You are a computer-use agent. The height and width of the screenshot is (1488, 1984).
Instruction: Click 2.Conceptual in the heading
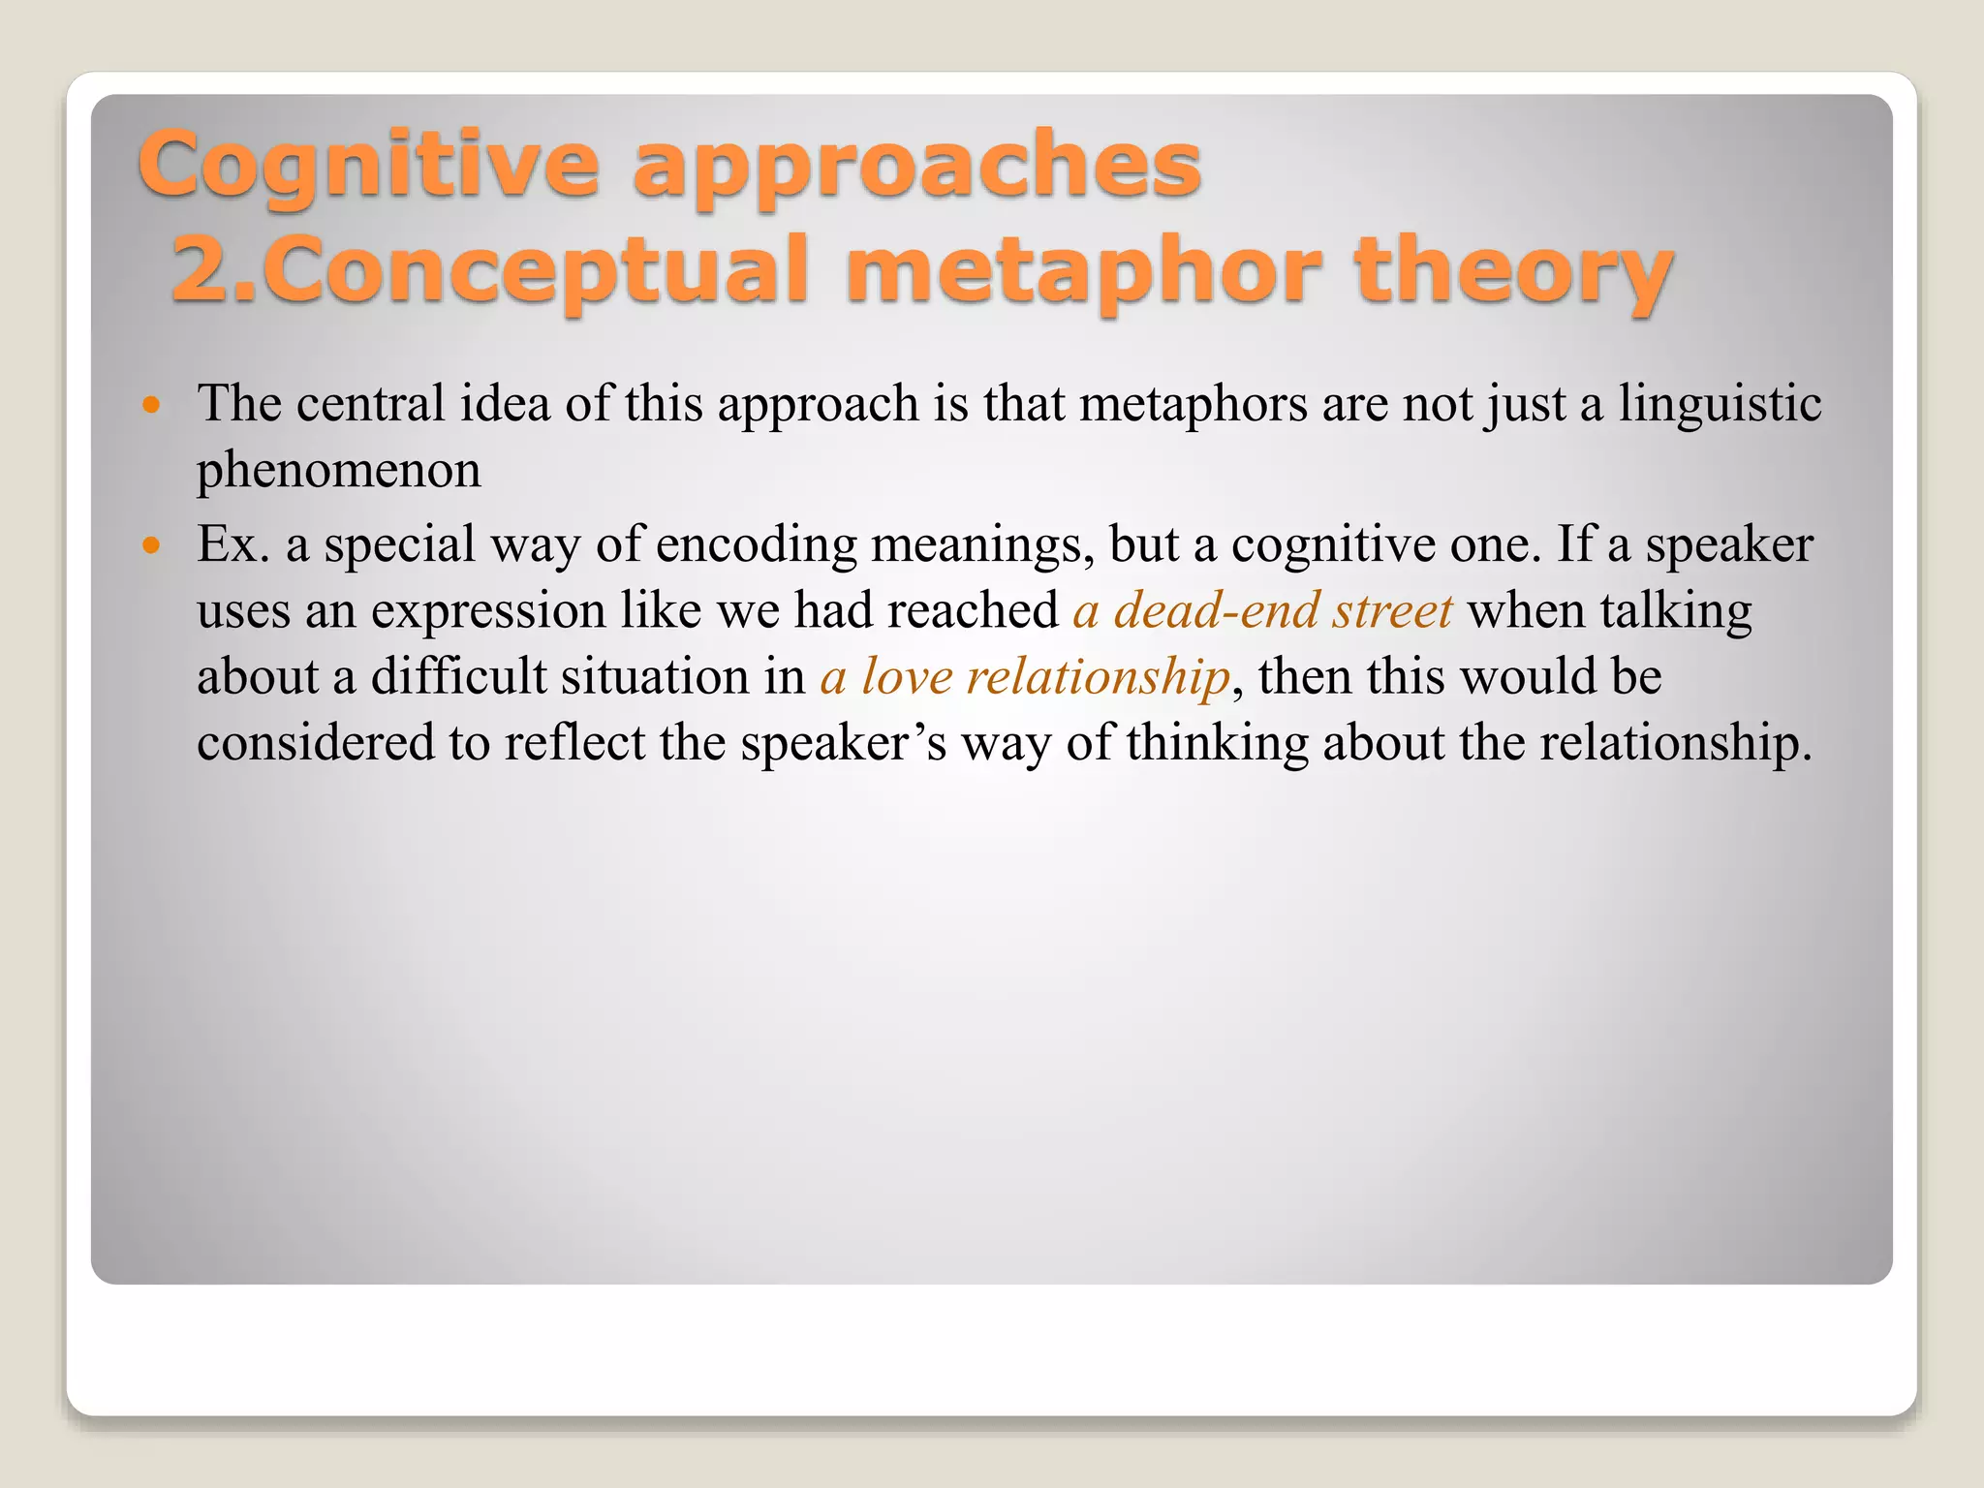pos(490,270)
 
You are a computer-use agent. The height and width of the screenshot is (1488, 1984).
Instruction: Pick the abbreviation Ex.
pos(233,544)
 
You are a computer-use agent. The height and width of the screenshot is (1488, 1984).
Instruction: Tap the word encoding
pos(757,546)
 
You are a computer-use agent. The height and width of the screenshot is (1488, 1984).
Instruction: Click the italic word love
pos(907,677)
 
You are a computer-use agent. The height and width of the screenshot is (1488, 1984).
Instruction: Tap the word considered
pos(316,743)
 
